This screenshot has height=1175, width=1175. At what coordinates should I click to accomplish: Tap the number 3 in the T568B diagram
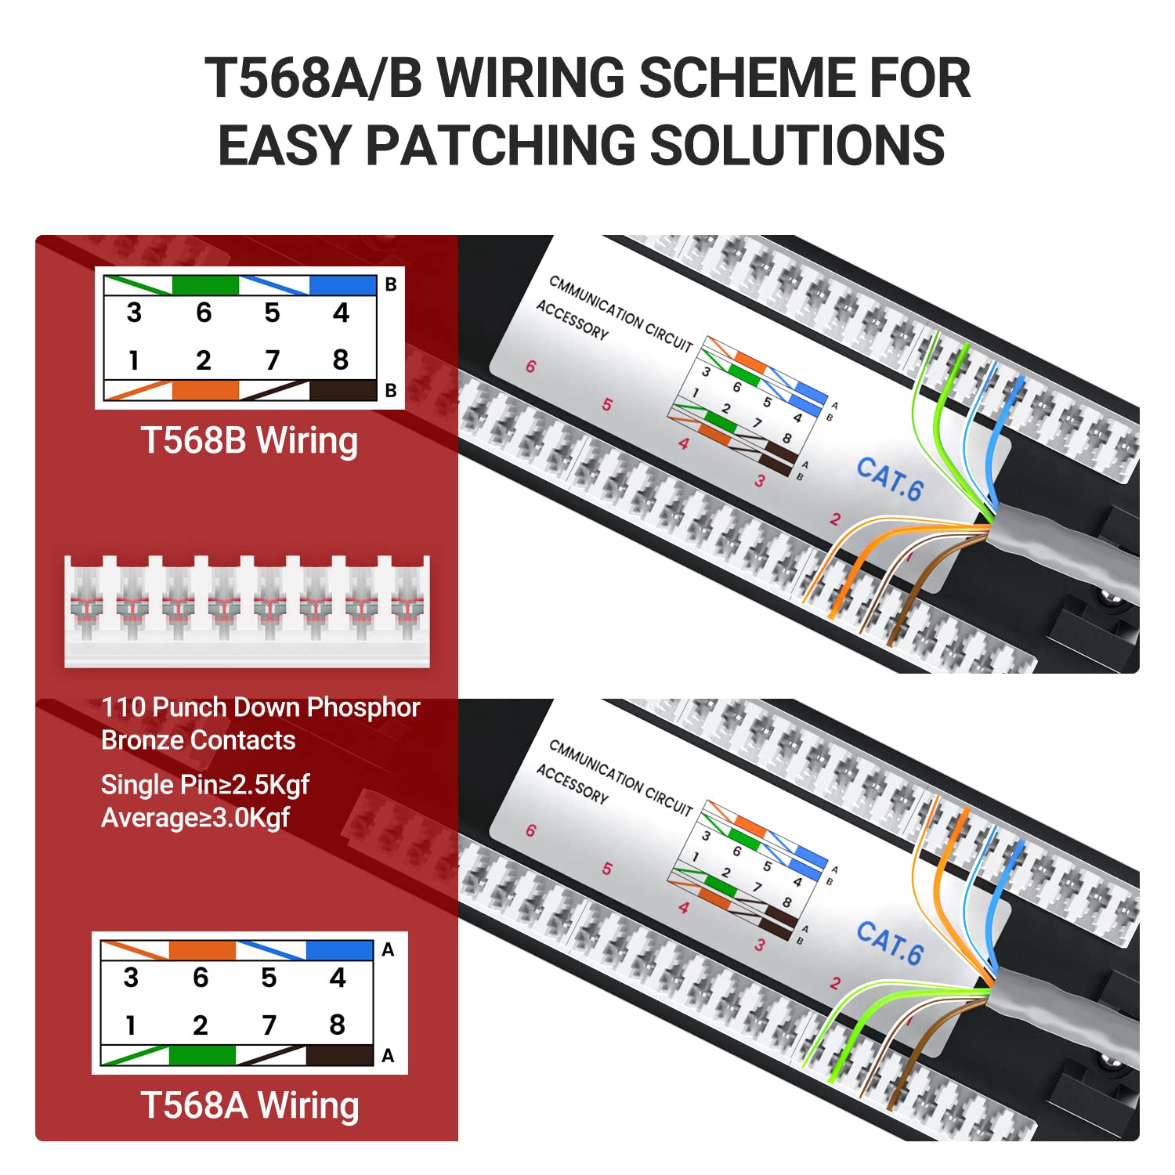(x=134, y=313)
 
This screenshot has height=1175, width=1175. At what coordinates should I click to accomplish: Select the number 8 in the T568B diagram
(x=340, y=360)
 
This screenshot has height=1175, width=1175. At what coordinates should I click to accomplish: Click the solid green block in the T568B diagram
(x=204, y=285)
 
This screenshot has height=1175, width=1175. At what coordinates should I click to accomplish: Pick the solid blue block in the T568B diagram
(x=342, y=285)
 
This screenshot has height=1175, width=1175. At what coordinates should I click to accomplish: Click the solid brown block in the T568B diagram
(x=342, y=390)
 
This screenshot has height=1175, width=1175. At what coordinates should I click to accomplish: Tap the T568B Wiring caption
(x=249, y=440)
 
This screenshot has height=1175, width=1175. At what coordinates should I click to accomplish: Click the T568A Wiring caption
(x=250, y=1105)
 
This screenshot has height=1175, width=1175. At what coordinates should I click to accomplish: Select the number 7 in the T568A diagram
(x=269, y=1025)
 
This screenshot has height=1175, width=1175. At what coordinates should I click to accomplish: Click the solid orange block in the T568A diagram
(x=201, y=950)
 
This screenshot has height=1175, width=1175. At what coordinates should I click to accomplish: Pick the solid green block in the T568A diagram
(x=201, y=1055)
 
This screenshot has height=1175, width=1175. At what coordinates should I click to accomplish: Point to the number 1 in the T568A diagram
(x=131, y=1025)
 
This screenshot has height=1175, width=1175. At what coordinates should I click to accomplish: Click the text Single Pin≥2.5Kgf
(x=205, y=784)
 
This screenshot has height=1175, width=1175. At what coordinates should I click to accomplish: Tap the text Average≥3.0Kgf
(x=195, y=818)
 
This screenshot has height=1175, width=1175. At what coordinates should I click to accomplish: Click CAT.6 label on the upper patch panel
(x=889, y=478)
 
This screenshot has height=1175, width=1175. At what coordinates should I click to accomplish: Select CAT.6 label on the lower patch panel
(x=889, y=942)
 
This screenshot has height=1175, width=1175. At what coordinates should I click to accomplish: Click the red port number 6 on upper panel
(x=530, y=367)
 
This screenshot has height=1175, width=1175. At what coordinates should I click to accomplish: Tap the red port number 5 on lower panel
(x=607, y=869)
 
